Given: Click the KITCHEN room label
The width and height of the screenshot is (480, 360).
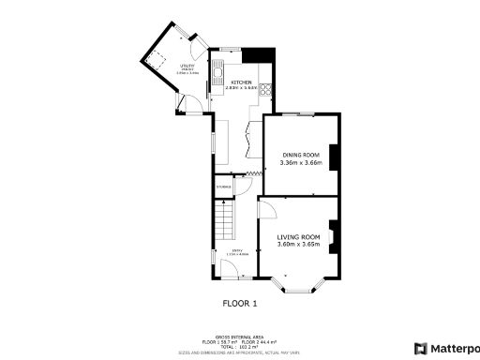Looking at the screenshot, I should (242, 82).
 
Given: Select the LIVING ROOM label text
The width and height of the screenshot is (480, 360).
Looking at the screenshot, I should (298, 236).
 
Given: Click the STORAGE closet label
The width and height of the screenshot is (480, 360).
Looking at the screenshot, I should (223, 187).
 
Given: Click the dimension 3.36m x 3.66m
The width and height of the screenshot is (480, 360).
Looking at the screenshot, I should (300, 163).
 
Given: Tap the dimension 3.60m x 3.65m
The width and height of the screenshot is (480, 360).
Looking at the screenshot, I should (298, 246).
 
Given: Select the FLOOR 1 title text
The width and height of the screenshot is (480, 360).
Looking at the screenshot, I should (239, 304).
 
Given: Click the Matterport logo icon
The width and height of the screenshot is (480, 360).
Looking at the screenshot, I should (421, 348).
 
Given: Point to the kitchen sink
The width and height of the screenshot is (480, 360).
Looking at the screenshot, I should (217, 70).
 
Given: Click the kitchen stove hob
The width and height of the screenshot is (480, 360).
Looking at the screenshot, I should (266, 91).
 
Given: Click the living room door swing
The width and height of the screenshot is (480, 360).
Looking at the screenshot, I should (266, 207).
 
